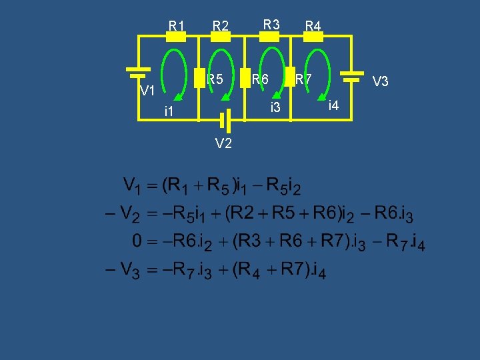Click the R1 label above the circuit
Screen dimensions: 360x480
(x=177, y=26)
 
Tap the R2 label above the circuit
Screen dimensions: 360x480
(x=221, y=26)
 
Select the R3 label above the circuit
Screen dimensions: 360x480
(x=271, y=25)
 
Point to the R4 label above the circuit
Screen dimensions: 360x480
(x=313, y=26)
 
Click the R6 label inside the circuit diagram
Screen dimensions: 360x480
(x=259, y=79)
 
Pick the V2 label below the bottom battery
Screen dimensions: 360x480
(x=223, y=143)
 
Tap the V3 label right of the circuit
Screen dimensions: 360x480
(x=381, y=81)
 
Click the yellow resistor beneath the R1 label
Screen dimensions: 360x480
(x=175, y=37)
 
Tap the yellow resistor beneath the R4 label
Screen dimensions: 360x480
(x=313, y=37)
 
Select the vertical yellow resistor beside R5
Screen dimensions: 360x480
(x=198, y=77)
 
